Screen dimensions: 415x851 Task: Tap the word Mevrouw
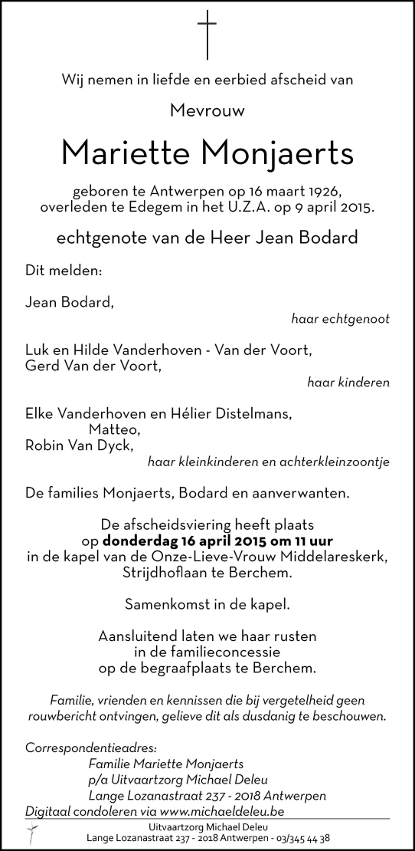pyautogui.click(x=207, y=110)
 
